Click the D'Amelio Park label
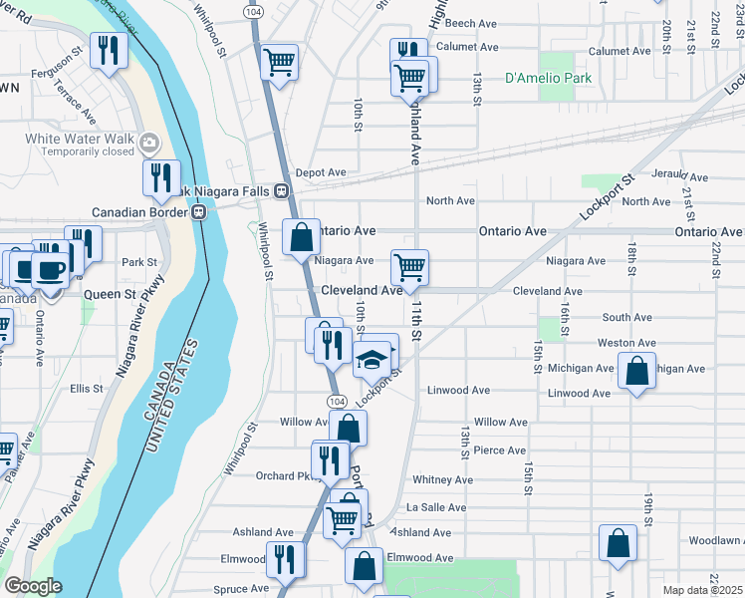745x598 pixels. pyautogui.click(x=548, y=77)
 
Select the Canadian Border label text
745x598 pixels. pyautogui.click(x=141, y=212)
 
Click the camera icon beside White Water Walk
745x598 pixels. pyautogui.click(x=150, y=142)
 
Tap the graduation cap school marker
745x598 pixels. pyautogui.click(x=372, y=358)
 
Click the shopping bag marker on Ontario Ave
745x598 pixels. pyautogui.click(x=300, y=238)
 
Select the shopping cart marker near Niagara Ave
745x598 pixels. pyautogui.click(x=408, y=266)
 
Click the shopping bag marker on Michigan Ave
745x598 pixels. pyautogui.click(x=635, y=372)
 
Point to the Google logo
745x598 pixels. pyautogui.click(x=33, y=586)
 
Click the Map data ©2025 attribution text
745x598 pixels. pyautogui.click(x=702, y=590)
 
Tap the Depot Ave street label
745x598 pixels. pyautogui.click(x=320, y=172)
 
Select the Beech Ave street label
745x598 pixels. pyautogui.click(x=472, y=22)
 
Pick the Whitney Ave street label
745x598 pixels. pyautogui.click(x=442, y=479)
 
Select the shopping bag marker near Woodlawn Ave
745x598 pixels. pyautogui.click(x=618, y=544)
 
